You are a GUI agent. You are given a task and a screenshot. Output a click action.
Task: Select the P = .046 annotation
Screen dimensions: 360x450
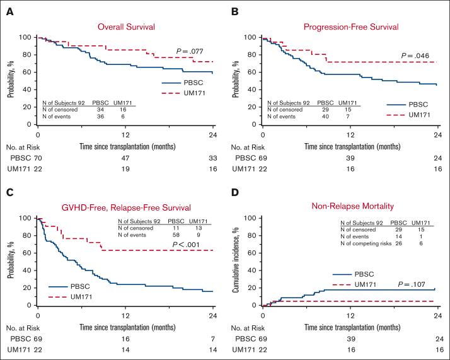(416, 55)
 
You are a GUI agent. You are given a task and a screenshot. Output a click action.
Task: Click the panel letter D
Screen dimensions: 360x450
(233, 189)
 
